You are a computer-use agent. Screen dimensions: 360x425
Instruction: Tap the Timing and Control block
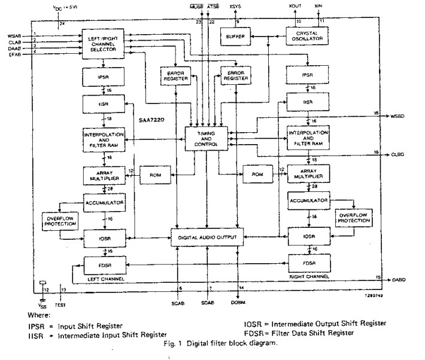pos(205,140)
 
